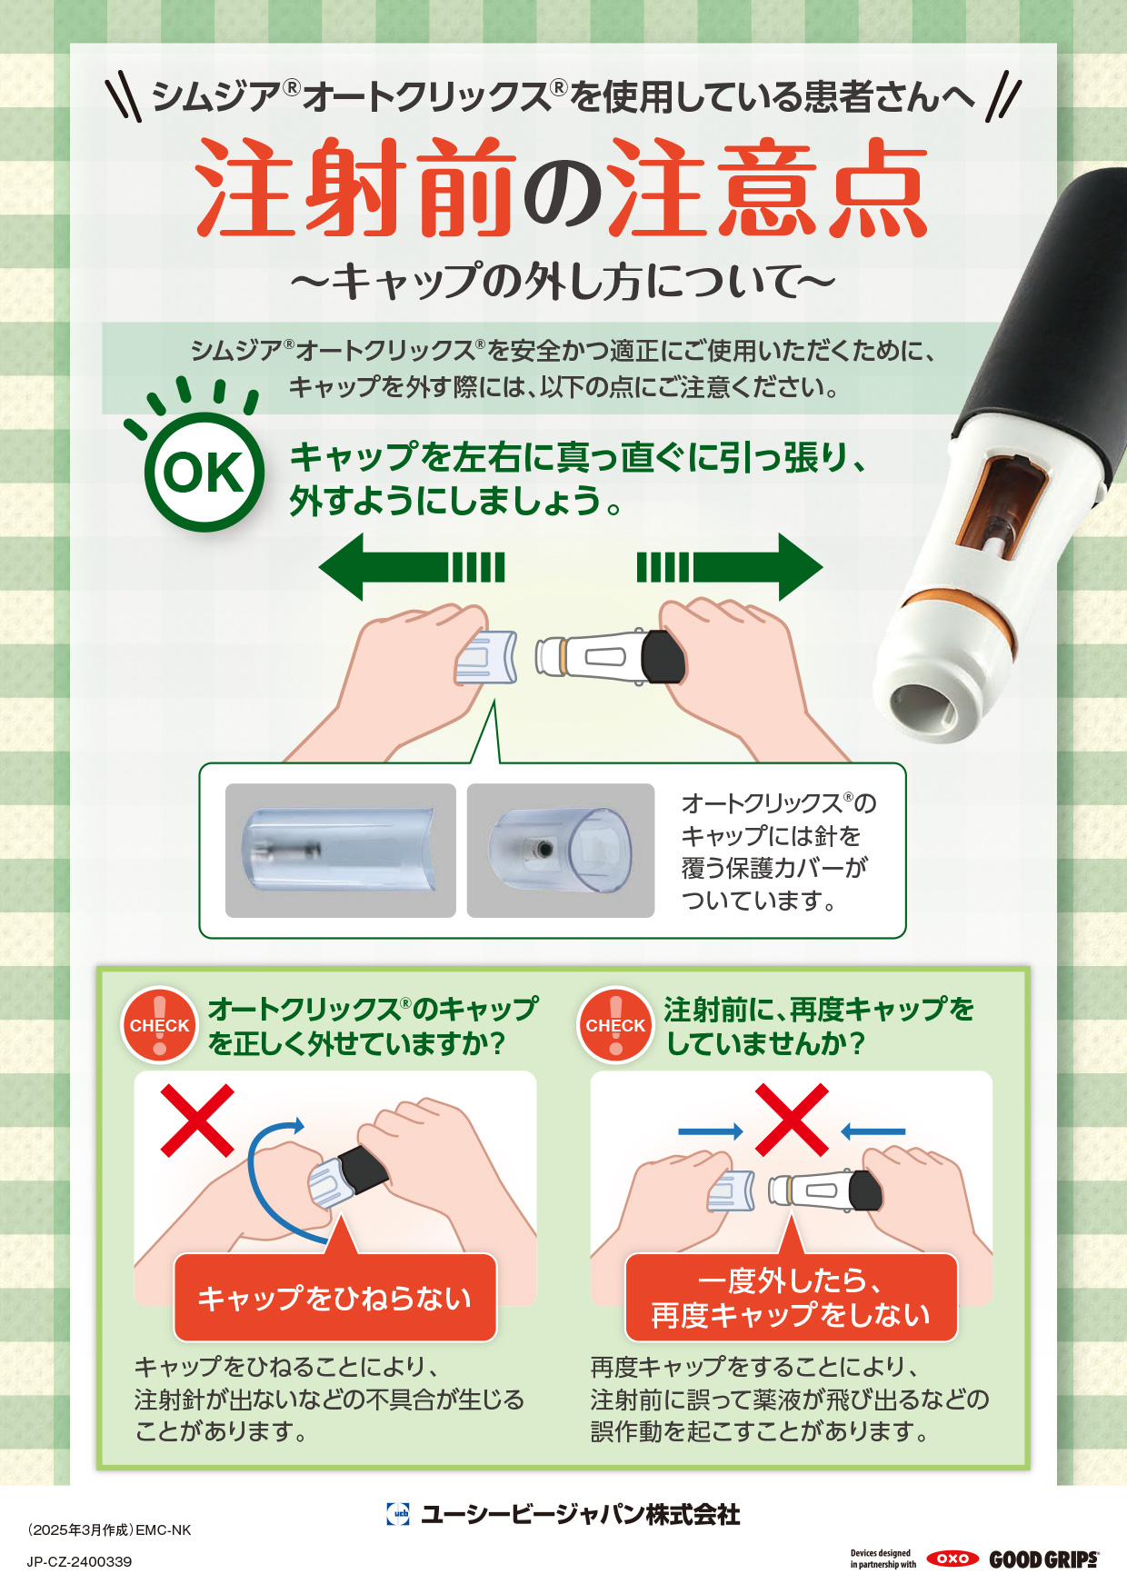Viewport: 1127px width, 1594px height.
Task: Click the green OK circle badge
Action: click(x=204, y=472)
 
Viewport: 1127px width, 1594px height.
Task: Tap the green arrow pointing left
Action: click(x=411, y=567)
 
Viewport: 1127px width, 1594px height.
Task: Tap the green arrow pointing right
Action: click(x=729, y=567)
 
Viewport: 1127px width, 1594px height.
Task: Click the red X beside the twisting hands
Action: click(x=197, y=1121)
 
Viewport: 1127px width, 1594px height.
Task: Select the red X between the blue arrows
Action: click(x=792, y=1120)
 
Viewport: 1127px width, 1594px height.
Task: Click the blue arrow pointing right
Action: click(x=711, y=1131)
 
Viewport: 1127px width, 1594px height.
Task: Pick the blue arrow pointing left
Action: click(x=873, y=1131)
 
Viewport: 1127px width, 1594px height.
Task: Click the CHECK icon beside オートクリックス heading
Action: click(x=160, y=1025)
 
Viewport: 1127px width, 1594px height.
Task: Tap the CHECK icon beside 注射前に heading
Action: click(x=615, y=1025)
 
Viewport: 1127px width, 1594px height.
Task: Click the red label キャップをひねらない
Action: click(x=335, y=1298)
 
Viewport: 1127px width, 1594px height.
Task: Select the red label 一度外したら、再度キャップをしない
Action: click(x=791, y=1298)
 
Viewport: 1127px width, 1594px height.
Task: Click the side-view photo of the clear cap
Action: click(x=341, y=851)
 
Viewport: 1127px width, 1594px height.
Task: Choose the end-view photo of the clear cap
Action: click(x=561, y=851)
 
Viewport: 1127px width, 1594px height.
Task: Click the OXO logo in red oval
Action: click(x=952, y=1559)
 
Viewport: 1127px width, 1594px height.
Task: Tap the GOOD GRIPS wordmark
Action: click(x=1044, y=1559)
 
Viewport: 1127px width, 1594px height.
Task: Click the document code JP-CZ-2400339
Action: click(x=80, y=1561)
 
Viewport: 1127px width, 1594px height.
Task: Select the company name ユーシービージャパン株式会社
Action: click(x=580, y=1514)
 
